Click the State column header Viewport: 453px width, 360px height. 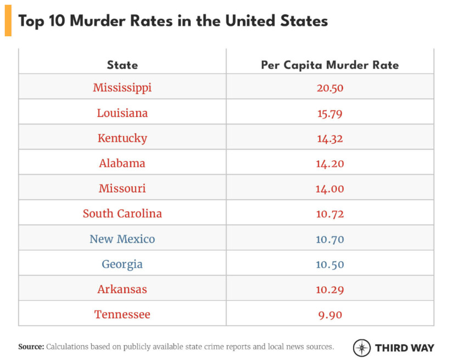tap(122, 65)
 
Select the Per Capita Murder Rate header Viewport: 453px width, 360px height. tap(329, 65)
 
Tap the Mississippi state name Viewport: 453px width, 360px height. tap(122, 88)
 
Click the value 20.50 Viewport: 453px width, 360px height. tap(330, 88)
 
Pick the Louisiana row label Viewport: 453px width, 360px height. tap(122, 113)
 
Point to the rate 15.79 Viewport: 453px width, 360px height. tap(330, 113)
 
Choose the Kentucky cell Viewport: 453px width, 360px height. tap(122, 138)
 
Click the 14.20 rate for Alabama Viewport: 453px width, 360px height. tap(330, 164)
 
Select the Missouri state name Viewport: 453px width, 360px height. tap(122, 188)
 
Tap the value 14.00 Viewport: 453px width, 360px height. tap(330, 188)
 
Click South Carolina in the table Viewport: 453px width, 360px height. tap(122, 213)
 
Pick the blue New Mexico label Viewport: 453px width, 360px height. tap(122, 239)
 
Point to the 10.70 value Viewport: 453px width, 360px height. tap(330, 239)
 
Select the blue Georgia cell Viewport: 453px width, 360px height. tap(122, 264)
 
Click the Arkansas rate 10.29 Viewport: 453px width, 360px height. tap(330, 289)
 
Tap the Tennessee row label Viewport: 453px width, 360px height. tap(122, 314)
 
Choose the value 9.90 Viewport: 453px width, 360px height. tap(330, 314)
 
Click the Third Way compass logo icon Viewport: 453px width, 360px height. tap(362, 348)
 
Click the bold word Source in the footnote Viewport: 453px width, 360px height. tap(31, 347)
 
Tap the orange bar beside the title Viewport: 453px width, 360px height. tap(8, 21)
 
